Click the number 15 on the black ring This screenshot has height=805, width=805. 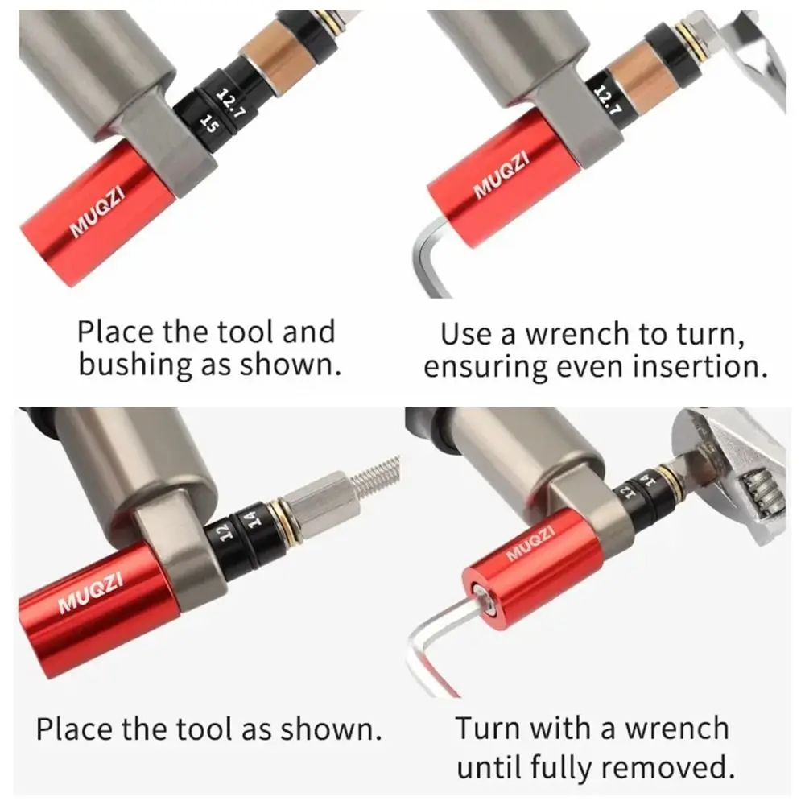tap(210, 122)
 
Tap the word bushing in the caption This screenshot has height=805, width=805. tap(131, 365)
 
